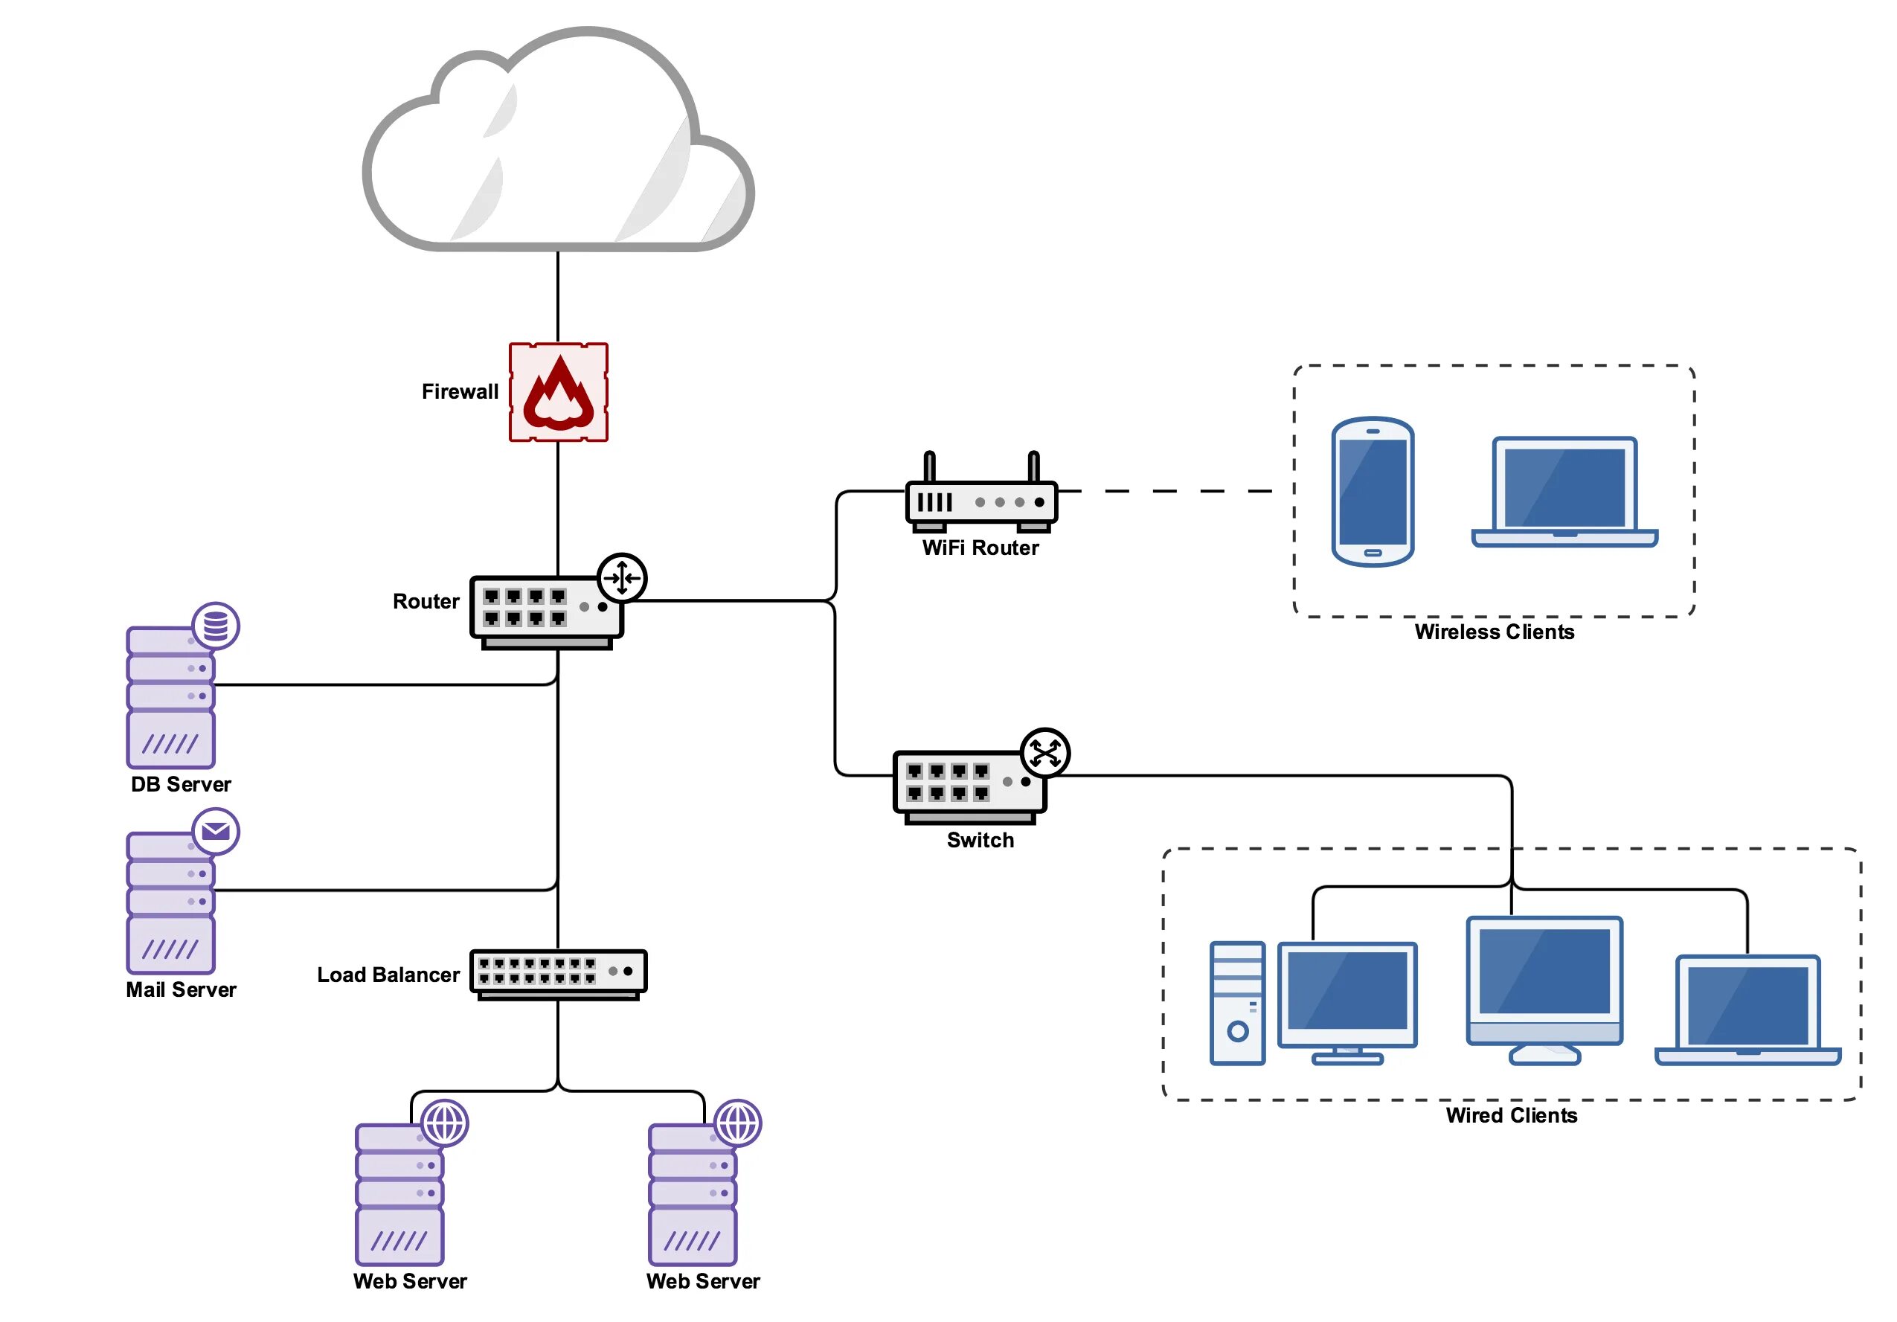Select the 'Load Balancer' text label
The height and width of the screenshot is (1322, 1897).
tap(388, 975)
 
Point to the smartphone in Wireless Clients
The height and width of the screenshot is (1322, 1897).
tap(1373, 492)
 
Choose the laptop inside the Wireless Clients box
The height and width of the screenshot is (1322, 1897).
tap(1564, 492)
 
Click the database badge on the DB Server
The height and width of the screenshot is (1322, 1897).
tap(216, 626)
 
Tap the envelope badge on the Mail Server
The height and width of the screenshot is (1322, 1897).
tap(216, 831)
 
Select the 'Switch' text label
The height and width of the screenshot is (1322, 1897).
tap(980, 841)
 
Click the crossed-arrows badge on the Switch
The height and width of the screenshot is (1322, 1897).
tap(1044, 753)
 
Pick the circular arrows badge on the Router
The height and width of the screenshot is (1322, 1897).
tap(621, 577)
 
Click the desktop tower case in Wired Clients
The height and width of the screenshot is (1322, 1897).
tap(1237, 1002)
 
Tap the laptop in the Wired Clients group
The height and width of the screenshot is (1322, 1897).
tap(1747, 1010)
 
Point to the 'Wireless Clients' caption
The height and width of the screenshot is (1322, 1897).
tap(1494, 632)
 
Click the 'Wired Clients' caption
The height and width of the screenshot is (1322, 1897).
tap(1511, 1115)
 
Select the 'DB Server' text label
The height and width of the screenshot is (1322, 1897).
tap(181, 784)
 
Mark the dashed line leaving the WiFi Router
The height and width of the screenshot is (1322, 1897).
tap(1173, 491)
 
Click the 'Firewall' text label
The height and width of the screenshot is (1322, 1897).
tap(460, 391)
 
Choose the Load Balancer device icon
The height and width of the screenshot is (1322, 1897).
tap(558, 972)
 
